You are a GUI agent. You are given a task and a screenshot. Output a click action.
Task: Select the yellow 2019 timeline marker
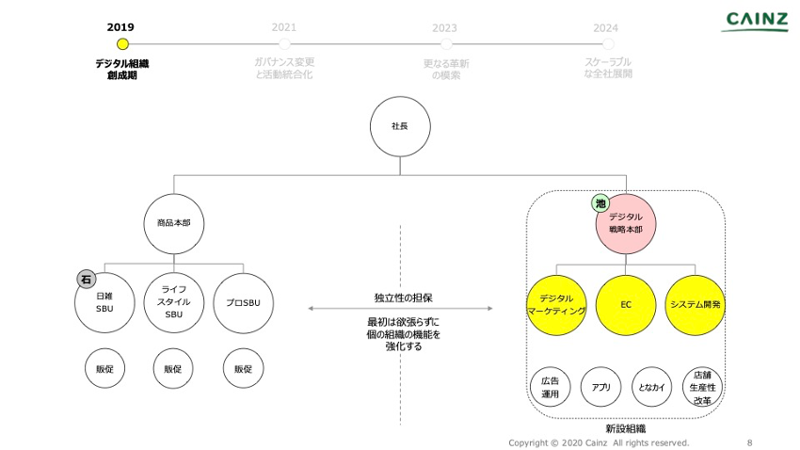121,44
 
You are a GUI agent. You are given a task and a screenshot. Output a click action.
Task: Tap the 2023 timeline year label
445,28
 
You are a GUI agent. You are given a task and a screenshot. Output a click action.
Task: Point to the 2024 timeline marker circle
607,44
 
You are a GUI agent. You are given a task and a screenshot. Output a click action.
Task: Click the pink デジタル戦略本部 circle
625,223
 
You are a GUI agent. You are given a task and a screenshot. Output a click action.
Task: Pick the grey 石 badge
86,280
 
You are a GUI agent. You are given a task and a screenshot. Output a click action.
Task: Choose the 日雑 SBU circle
104,302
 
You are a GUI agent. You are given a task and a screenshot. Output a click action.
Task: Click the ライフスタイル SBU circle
173,302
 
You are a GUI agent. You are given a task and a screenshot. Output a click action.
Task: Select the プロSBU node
243,302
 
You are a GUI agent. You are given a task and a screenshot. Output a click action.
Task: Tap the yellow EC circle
625,305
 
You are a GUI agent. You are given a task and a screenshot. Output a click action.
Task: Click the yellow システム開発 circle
696,305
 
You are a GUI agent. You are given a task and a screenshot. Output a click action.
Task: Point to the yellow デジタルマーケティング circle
556,305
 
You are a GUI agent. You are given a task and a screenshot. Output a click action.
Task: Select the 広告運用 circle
551,387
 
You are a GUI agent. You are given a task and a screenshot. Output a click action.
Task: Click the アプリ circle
601,387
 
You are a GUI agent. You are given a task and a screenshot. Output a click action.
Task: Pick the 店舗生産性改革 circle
702,387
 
